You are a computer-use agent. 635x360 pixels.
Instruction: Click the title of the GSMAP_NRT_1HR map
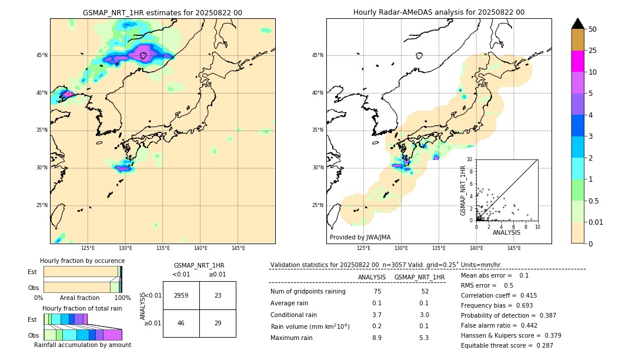click(162, 12)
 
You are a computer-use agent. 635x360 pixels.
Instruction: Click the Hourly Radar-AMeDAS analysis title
click(439, 12)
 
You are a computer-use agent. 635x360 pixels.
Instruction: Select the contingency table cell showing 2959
click(181, 295)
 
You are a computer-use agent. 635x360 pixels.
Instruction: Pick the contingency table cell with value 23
click(218, 295)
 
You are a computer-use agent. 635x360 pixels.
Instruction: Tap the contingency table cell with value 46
click(181, 323)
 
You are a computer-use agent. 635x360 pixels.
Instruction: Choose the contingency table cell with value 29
click(218, 323)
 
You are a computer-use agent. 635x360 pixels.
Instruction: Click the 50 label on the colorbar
click(593, 29)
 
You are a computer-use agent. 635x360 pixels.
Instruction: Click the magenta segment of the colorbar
click(577, 61)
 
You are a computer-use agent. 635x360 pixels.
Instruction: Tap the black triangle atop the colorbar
click(577, 24)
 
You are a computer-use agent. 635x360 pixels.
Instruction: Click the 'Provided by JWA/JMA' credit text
click(360, 237)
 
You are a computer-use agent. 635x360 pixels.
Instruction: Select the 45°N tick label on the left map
click(42, 55)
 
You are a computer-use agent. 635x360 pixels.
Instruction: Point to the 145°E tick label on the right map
click(514, 248)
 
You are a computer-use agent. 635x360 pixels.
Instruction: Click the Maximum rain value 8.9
click(376, 338)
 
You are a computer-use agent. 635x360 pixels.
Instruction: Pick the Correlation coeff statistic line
click(499, 295)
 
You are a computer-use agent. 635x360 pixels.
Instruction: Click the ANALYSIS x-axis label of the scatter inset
click(506, 232)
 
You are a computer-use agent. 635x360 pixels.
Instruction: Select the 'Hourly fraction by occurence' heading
click(82, 261)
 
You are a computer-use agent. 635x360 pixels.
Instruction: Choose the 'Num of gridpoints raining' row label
click(308, 291)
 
